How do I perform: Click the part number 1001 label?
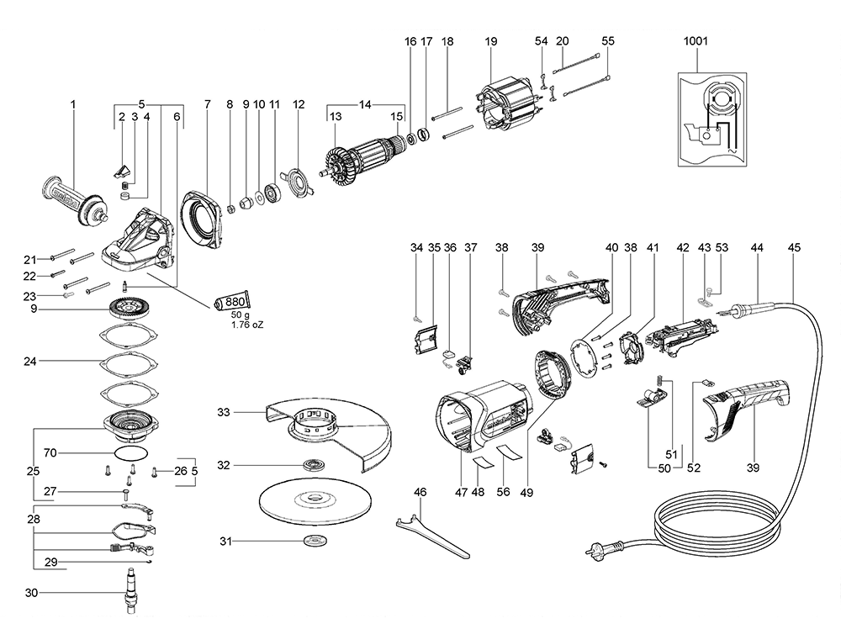point(696,40)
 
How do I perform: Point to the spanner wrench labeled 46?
point(432,530)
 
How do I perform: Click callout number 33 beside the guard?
point(223,412)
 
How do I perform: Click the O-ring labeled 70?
point(128,453)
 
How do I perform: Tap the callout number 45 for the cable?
point(794,248)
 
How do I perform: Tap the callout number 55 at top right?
point(608,40)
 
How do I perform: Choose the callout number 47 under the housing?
point(461,491)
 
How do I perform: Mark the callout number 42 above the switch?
point(682,248)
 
